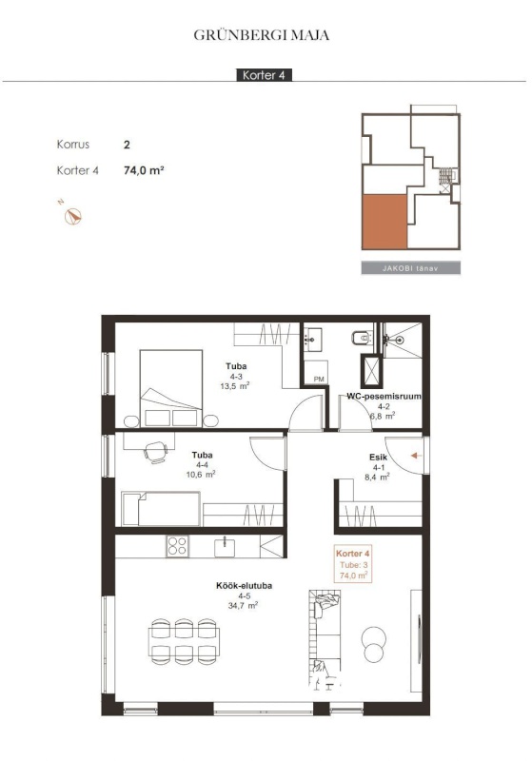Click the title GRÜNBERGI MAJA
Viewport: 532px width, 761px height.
click(x=261, y=35)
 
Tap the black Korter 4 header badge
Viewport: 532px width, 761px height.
click(x=264, y=75)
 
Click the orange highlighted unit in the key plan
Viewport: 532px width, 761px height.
click(x=384, y=222)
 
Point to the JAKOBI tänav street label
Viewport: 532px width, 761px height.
click(x=410, y=268)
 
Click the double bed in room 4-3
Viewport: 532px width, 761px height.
click(x=171, y=388)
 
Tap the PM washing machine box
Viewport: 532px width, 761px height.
click(x=316, y=372)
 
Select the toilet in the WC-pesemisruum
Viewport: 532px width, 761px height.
click(x=362, y=338)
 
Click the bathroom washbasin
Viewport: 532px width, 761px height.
click(x=313, y=340)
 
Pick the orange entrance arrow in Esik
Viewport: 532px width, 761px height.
click(x=416, y=456)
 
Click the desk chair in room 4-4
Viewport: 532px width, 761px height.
click(x=156, y=453)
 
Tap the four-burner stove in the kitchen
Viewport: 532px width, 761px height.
click(x=177, y=546)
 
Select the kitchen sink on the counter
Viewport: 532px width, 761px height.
click(x=225, y=548)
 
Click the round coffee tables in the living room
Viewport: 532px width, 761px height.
click(x=374, y=644)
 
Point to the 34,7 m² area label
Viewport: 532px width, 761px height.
click(x=243, y=605)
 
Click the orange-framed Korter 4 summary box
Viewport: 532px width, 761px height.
click(x=353, y=564)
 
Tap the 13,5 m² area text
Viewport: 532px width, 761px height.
click(x=235, y=386)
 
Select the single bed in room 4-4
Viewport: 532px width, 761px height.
click(x=161, y=508)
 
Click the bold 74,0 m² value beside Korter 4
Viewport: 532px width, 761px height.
click(x=144, y=170)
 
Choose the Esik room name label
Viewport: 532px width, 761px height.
click(x=378, y=458)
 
